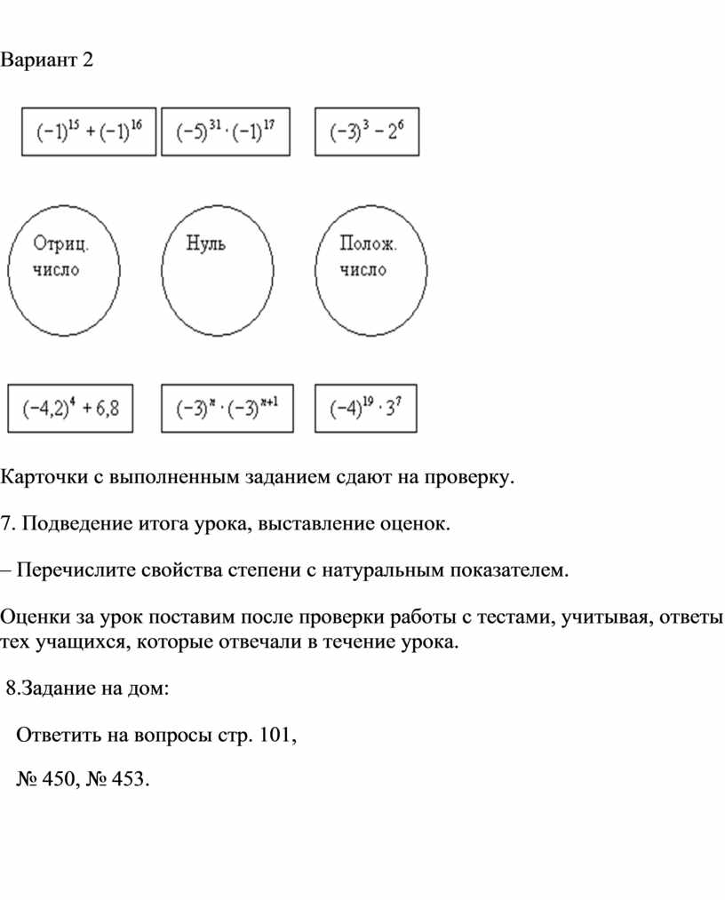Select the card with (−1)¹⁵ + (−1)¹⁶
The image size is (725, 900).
point(88,131)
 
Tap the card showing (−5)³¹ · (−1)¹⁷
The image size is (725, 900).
point(226,131)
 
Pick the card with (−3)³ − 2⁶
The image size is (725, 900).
point(367,131)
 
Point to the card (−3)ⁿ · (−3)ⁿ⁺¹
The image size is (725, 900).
point(227,408)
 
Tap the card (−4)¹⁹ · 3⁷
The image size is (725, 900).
point(366,408)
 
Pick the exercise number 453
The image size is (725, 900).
point(129,779)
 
